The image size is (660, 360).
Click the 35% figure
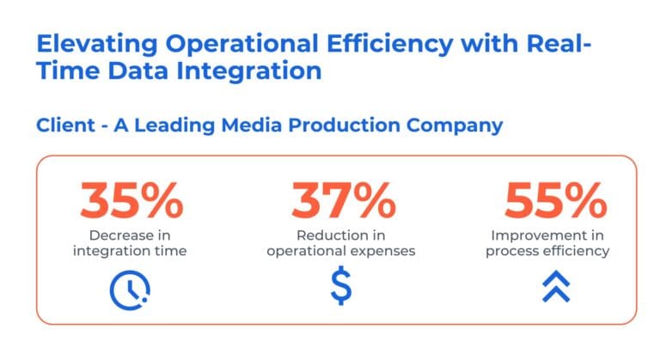point(131,200)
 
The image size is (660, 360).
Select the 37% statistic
point(342,200)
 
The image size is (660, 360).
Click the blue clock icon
point(130,290)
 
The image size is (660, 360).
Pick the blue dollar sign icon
point(341,288)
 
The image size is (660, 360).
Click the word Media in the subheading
point(249,125)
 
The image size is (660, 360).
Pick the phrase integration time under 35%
point(130,251)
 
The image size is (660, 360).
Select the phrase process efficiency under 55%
point(548,251)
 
